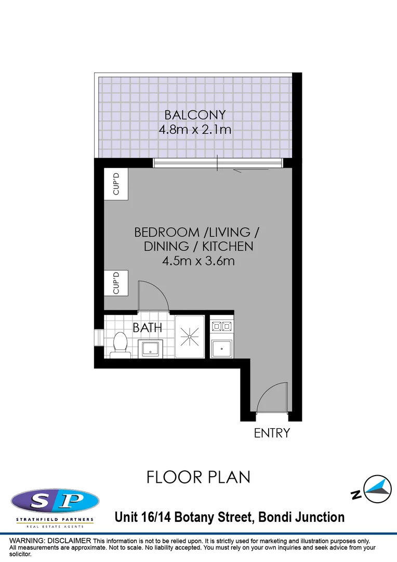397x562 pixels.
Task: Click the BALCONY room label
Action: pyautogui.click(x=195, y=114)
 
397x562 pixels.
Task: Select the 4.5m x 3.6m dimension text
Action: pyautogui.click(x=198, y=261)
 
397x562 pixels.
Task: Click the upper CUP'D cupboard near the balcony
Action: pyautogui.click(x=116, y=183)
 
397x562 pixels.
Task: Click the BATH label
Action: pyautogui.click(x=147, y=328)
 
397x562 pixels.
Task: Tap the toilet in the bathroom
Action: pyautogui.click(x=121, y=344)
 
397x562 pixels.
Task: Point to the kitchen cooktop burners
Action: pyautogui.click(x=222, y=327)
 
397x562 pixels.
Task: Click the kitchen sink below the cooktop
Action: pyautogui.click(x=222, y=347)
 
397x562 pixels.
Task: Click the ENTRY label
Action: pyautogui.click(x=271, y=433)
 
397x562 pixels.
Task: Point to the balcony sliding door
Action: pyautogui.click(x=218, y=164)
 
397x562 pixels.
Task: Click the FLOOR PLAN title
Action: pyautogui.click(x=198, y=477)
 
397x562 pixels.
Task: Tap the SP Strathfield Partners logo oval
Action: pyautogui.click(x=55, y=502)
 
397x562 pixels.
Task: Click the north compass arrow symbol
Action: pyautogui.click(x=377, y=489)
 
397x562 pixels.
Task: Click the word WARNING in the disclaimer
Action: pyautogui.click(x=27, y=541)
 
